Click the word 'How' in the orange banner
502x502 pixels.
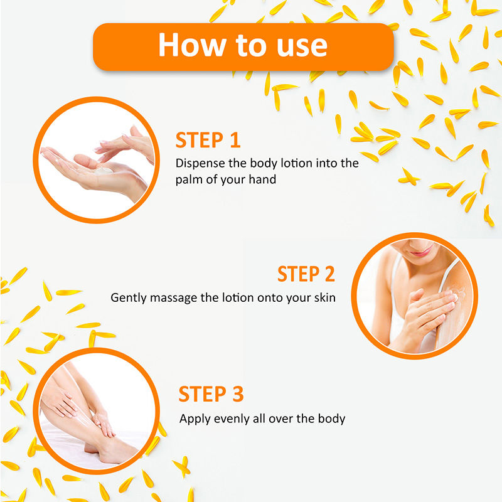[192, 45]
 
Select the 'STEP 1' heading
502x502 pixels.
[208, 140]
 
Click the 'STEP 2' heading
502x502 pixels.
[306, 274]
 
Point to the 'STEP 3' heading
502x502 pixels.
[211, 394]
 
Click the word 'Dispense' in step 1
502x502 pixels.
[200, 163]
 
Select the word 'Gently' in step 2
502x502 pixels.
[129, 298]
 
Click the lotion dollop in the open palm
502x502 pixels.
[103, 170]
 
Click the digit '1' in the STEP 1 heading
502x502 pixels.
[235, 140]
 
